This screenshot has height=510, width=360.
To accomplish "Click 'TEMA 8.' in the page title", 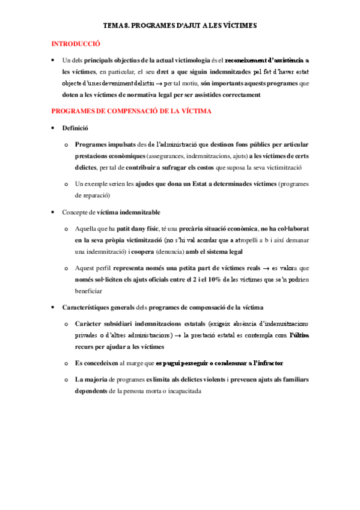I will click(x=115, y=26).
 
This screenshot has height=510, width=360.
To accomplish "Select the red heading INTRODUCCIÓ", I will click(x=76, y=44).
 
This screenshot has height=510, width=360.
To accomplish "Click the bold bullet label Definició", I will click(x=75, y=128).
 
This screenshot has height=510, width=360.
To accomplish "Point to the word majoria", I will click(x=93, y=380).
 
